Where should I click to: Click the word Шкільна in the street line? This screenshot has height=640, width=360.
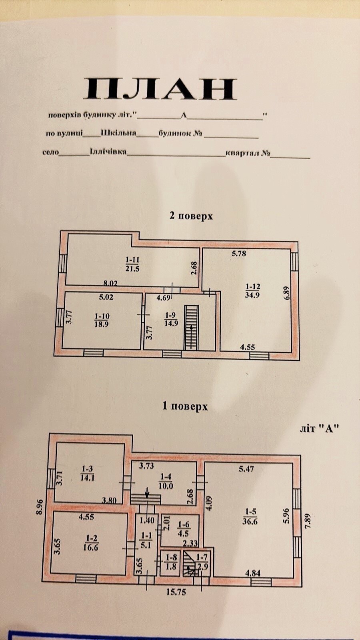[x=118, y=133]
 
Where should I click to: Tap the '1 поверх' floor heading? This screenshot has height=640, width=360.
[x=185, y=406]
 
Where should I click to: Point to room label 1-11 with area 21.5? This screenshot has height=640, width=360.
[x=132, y=264]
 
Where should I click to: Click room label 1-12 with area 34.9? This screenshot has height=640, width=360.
[x=252, y=290]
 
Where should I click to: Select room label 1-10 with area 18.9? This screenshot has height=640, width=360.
[x=102, y=320]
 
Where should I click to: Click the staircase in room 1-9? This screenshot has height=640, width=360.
[x=192, y=328]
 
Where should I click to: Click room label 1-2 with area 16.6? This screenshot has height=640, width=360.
[x=91, y=542]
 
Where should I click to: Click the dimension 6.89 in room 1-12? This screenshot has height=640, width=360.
[x=287, y=293]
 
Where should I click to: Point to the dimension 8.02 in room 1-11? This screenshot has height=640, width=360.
[x=110, y=284]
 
